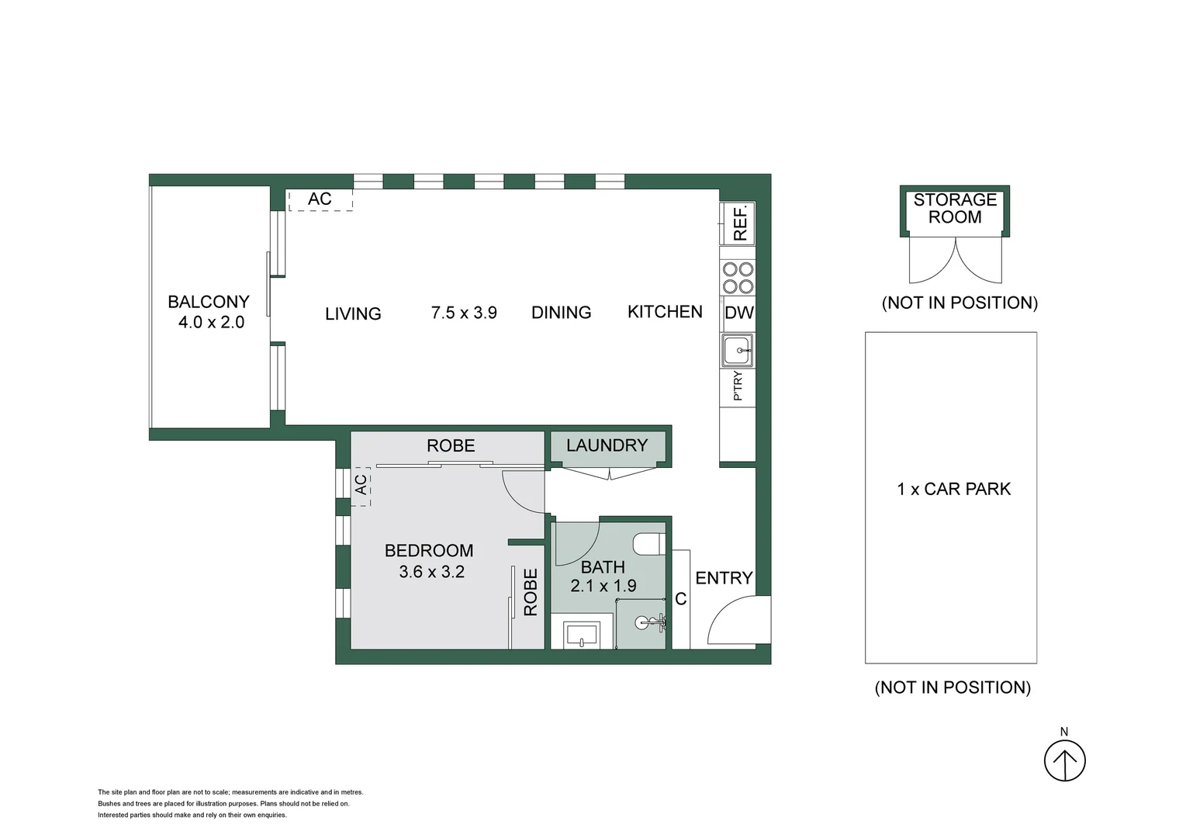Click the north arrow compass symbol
(1064, 760)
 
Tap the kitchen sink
(737, 351)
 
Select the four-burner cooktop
(738, 278)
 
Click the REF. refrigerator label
(740, 223)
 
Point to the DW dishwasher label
(738, 313)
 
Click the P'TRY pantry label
(738, 386)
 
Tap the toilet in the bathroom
(648, 544)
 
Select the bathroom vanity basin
(582, 635)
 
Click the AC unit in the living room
(320, 199)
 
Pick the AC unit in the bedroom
(361, 486)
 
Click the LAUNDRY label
(607, 445)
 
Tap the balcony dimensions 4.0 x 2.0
(211, 322)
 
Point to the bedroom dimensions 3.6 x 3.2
(431, 572)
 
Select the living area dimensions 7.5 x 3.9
(464, 313)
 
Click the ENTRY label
(724, 578)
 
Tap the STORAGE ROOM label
(955, 209)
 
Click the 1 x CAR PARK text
(953, 489)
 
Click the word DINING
(561, 313)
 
